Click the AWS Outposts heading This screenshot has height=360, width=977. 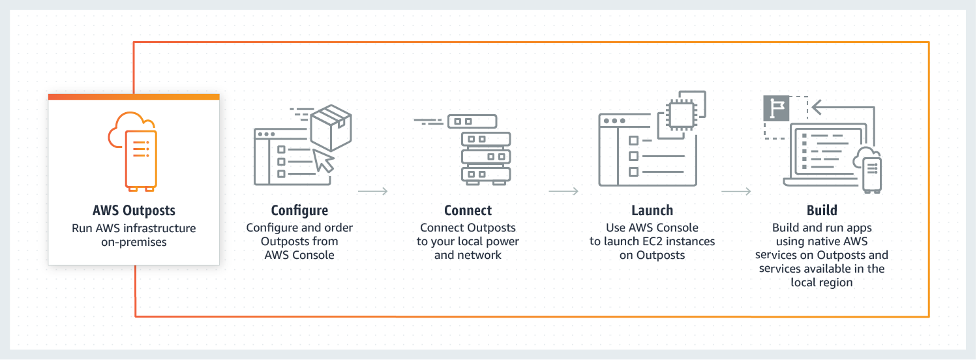134,211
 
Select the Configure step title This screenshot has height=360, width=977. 299,211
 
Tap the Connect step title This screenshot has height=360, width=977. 468,211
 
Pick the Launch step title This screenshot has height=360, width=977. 652,211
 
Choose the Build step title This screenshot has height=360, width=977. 821,211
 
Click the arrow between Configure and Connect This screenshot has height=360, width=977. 373,191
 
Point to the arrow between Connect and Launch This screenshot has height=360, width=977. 564,191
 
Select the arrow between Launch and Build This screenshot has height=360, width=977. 736,191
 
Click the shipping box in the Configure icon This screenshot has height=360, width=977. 331,127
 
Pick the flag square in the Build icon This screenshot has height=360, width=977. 775,108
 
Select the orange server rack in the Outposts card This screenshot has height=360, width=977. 141,159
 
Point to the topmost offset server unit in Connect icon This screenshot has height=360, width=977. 472,121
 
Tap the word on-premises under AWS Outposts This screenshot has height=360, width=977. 134,242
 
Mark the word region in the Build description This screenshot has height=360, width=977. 837,282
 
